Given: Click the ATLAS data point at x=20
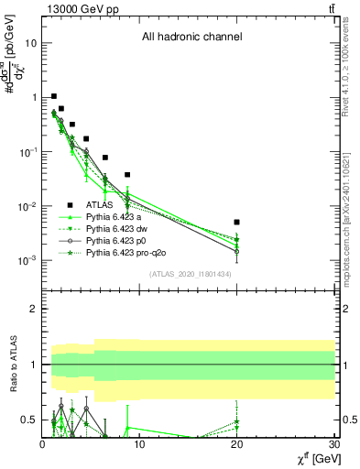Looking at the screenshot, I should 236,222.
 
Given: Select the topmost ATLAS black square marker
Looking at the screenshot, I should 54,96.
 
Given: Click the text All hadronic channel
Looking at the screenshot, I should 191,38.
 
